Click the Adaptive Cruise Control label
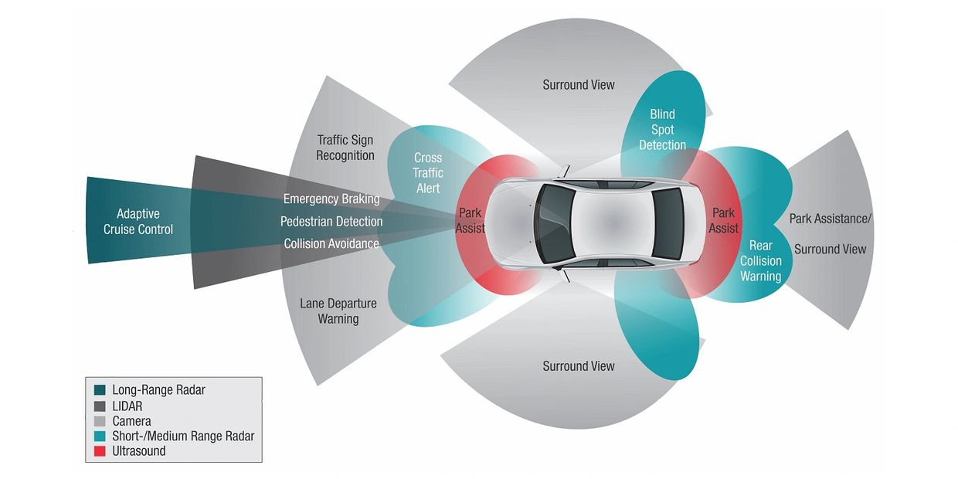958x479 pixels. pos(139,221)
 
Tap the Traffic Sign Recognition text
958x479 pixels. pos(345,148)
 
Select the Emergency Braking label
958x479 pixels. pos(331,199)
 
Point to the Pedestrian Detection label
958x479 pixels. pos(331,222)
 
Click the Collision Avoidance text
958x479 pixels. pos(331,243)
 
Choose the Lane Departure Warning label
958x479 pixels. pos(338,311)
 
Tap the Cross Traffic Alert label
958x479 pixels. pos(427,173)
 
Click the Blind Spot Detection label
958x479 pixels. pos(662,130)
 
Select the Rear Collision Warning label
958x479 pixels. pos(760,260)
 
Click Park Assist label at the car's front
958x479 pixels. pos(470,220)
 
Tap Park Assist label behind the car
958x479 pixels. pos(723,220)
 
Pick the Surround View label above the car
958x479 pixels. pos(579,84)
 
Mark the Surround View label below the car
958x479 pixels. pos(579,365)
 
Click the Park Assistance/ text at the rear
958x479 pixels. pos(830,219)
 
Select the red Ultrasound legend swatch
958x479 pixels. pos(100,450)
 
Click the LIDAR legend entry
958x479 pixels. pos(127,406)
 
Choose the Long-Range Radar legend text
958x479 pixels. pos(158,390)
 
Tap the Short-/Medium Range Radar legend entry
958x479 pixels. pos(182,436)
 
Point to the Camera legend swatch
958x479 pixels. pos(100,421)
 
